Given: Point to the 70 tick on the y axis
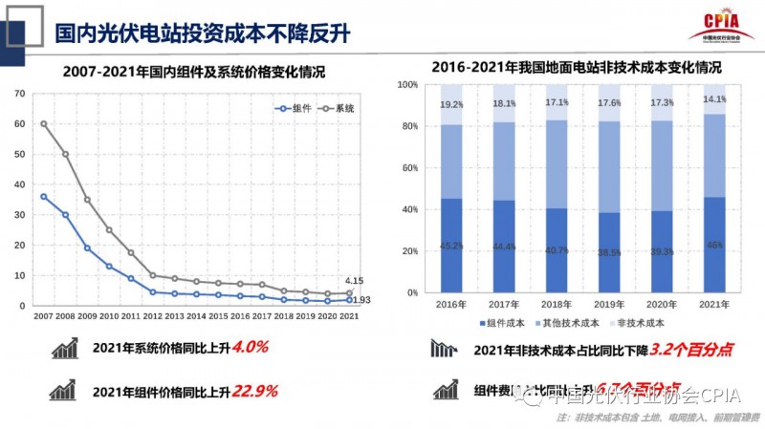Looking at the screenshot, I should click(18, 94).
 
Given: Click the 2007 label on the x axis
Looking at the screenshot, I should click(44, 315).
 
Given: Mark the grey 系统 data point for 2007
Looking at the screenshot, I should click(44, 124).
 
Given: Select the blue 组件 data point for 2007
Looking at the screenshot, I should click(44, 197).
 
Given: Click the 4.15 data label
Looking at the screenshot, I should click(353, 281).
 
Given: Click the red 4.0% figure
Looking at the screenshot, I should click(247, 349).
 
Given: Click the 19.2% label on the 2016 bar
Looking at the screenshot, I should click(450, 105).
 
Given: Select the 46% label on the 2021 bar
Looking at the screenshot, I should click(714, 246).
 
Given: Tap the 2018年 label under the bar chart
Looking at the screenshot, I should click(557, 304).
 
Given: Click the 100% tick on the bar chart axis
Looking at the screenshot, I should click(406, 85).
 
